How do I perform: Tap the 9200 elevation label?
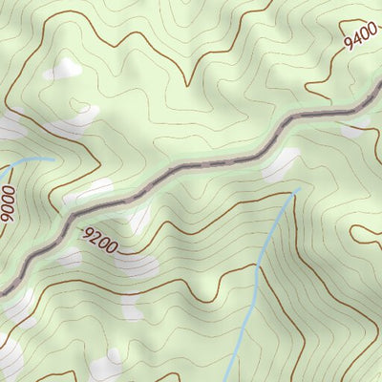click(x=99, y=241)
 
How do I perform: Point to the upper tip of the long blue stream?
click(x=296, y=190)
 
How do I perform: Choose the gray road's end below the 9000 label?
click(x=3, y=290)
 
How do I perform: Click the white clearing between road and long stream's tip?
click(x=281, y=164)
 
